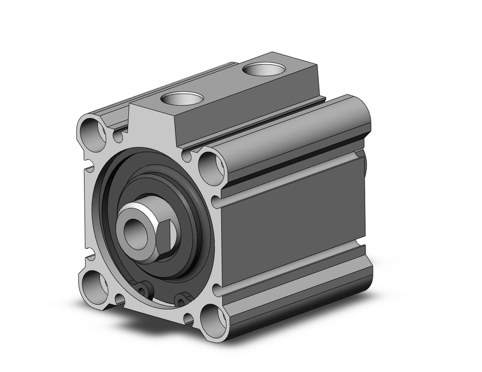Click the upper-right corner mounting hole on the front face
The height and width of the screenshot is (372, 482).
pos(211,167)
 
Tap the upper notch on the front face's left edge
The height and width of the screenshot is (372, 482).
pos(88,168)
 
